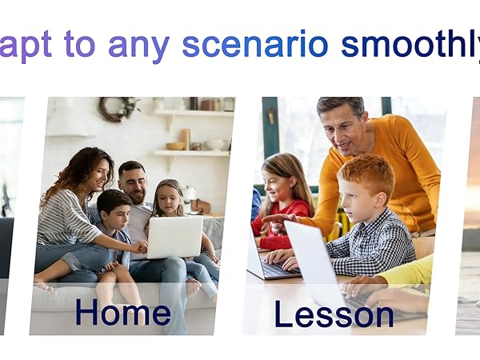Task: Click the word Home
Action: point(122,311)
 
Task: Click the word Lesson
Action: point(334,314)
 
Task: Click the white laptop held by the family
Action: point(175,237)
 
